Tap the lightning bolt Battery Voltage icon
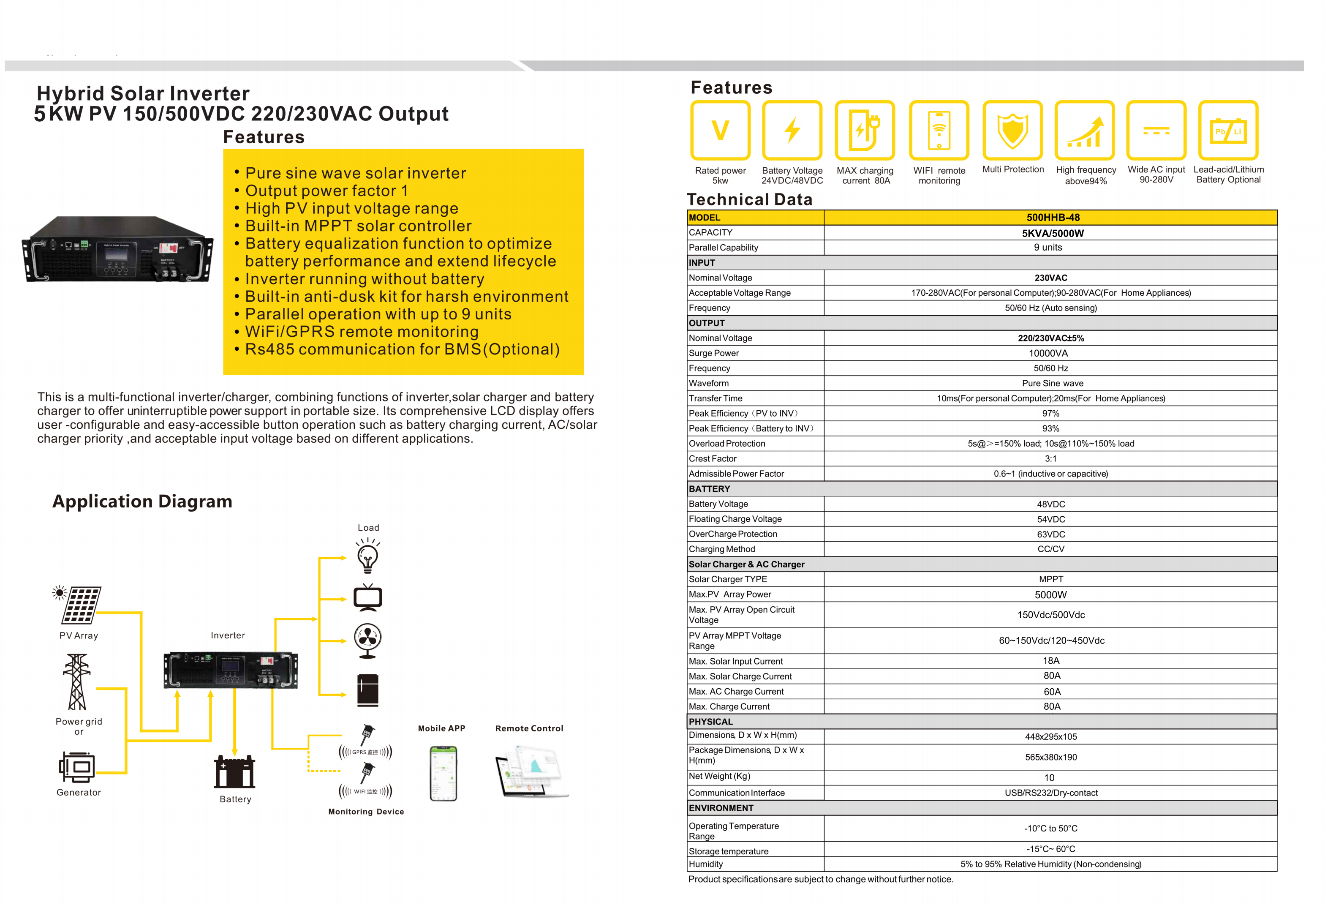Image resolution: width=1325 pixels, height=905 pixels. (x=792, y=130)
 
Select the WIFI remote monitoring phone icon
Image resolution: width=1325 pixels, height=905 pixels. (x=939, y=130)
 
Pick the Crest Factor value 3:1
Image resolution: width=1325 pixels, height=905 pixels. (x=1050, y=458)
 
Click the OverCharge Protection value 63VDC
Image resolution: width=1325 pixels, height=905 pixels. (x=1050, y=534)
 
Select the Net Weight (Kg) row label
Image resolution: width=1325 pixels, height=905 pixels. (x=719, y=776)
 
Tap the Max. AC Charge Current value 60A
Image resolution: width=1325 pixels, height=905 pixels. (x=1051, y=692)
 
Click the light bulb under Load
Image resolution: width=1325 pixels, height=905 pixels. (x=368, y=557)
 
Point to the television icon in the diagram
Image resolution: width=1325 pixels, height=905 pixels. (x=368, y=598)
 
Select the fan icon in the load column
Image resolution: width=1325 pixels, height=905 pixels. (x=368, y=640)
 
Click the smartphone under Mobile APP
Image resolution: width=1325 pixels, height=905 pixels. (x=443, y=773)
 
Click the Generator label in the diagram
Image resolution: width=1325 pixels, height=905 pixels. (x=79, y=792)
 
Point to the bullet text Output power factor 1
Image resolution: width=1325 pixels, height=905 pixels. (x=326, y=191)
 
